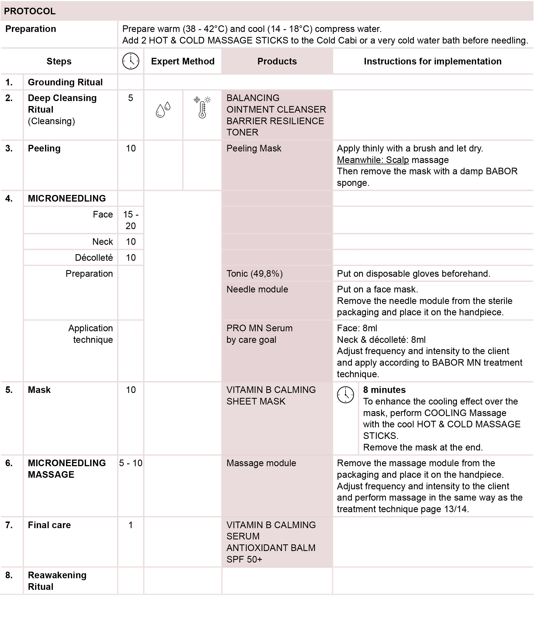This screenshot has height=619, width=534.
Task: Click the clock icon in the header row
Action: coord(131,61)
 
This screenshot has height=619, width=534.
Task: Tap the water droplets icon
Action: coord(163,110)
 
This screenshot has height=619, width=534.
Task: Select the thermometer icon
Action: coord(203,108)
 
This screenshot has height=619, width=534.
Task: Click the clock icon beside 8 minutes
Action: coord(345,395)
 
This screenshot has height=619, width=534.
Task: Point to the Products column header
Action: coord(277,61)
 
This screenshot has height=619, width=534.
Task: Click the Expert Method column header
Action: coord(183,61)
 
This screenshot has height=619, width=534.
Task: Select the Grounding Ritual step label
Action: coord(65,82)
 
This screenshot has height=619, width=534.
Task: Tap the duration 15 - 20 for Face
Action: coord(131,220)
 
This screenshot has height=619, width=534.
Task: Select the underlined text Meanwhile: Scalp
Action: coord(373,160)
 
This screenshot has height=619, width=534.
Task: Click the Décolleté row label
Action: coord(94,257)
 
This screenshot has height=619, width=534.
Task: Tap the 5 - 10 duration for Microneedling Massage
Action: coord(131,463)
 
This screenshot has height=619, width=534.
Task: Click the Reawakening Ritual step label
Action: coord(57,581)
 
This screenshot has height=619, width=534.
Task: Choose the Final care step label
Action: coord(49,525)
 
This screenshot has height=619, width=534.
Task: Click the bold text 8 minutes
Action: coord(384,390)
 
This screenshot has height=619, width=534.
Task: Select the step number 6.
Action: coord(9,463)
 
